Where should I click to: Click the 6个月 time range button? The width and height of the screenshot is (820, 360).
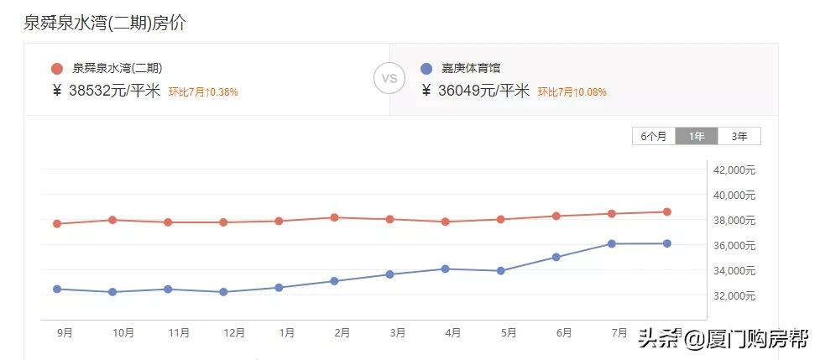point(654,136)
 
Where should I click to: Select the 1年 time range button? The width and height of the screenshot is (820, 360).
point(697,136)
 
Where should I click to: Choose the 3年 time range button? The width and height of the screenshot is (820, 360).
point(739,136)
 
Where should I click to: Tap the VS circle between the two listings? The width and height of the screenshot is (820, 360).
point(389,79)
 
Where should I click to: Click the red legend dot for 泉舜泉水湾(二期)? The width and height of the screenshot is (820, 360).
point(57,69)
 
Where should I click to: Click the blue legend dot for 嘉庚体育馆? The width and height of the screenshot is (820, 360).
point(426,69)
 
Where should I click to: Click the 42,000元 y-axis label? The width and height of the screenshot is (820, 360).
point(734,170)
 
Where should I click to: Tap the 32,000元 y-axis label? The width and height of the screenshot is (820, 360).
point(734,296)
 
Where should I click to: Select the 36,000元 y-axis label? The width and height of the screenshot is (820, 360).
point(734,246)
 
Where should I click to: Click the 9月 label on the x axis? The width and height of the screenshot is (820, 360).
point(65,333)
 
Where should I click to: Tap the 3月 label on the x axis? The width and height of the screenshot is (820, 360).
point(397,333)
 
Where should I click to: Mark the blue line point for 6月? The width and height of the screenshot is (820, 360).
point(556,257)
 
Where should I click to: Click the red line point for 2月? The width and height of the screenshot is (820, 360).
point(334,217)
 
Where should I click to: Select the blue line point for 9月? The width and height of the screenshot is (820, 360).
point(57,289)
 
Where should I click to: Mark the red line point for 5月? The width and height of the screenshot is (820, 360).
point(501,219)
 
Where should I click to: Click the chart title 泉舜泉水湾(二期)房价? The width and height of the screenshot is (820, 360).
point(105,23)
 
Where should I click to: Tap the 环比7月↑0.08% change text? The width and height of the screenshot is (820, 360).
point(572,92)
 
